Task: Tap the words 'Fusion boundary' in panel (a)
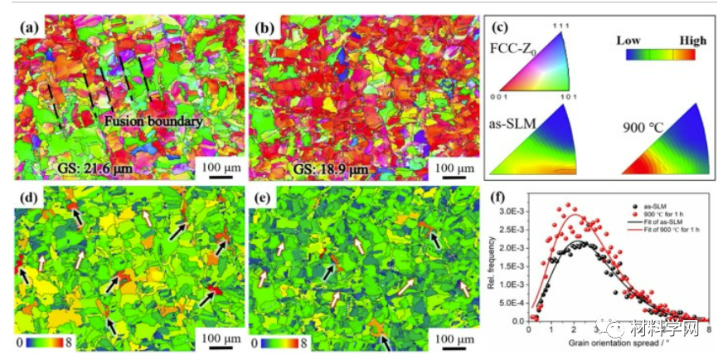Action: tap(154, 121)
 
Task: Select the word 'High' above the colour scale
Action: tap(692, 40)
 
